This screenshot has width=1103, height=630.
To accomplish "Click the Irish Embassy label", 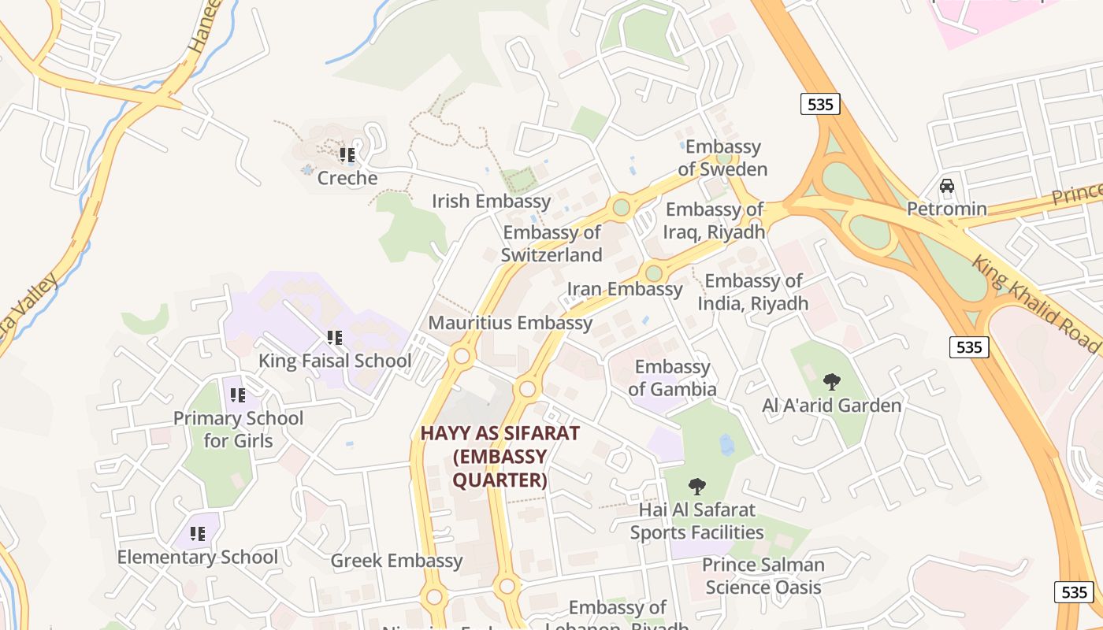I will pos(491,201).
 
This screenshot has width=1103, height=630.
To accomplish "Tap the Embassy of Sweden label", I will pos(722,157).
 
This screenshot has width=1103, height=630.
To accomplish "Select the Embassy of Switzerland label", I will pos(551,243).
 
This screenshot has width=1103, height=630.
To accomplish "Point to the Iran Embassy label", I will pos(625,289).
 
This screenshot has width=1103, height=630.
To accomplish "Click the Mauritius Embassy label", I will pos(510,323).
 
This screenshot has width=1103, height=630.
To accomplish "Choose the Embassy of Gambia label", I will pos(672,378).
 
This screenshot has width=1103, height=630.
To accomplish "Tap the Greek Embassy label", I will pos(396,561).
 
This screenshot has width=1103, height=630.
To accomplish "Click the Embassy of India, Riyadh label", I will pos(753,292).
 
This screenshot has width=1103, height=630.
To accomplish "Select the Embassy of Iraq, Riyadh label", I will pos(715,220).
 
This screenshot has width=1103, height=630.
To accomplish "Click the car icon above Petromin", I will pos(947,187).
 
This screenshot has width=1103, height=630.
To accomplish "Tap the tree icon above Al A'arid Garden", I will pos(831,382).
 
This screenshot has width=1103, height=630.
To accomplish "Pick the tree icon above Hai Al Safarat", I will pos(696,486).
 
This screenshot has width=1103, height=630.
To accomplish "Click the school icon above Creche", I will pos(347,155).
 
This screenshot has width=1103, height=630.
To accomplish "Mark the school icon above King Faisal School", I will pos(335,338).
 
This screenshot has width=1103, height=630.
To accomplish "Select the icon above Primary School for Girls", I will pos(238,395).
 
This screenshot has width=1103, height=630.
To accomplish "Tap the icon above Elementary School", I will pos(198,534).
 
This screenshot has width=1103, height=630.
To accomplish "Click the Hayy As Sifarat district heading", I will pos(500,456).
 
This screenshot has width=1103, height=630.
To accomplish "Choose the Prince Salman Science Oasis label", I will pos(763,576).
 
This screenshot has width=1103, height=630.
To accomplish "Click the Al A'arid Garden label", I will pos(831,406).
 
